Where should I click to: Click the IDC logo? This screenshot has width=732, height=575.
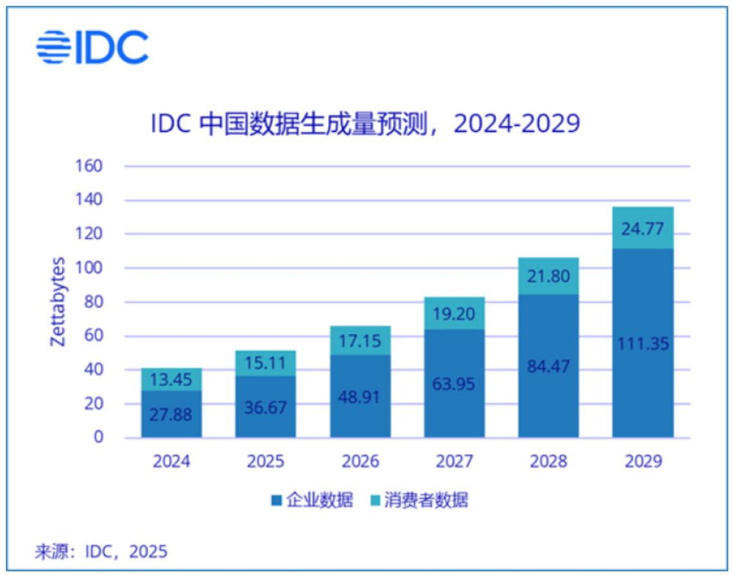pos(92,48)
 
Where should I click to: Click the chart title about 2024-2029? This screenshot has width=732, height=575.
pos(365,123)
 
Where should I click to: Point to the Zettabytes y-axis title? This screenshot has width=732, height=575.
pos(58,302)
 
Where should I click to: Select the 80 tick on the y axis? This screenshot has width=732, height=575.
pos(92,302)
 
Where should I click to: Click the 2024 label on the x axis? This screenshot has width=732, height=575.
pos(171,461)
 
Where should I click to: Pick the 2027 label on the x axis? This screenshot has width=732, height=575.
pos(454,461)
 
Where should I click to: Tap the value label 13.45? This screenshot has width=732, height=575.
pos(171,379)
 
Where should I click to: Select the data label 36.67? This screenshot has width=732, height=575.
pos(266,406)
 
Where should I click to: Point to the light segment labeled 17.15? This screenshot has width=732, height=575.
pos(360,341)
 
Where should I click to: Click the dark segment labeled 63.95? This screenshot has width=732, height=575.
pos(454,383)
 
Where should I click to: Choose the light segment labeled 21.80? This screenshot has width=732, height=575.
pos(548,276)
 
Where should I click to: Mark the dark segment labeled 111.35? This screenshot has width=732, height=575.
pos(643,343)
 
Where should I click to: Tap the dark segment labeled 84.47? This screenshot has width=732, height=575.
pos(548,366)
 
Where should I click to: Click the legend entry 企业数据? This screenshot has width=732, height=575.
pos(311,501)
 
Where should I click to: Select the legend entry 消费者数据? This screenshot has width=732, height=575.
pos(421,501)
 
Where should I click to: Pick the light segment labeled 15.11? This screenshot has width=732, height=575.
pos(266,363)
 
